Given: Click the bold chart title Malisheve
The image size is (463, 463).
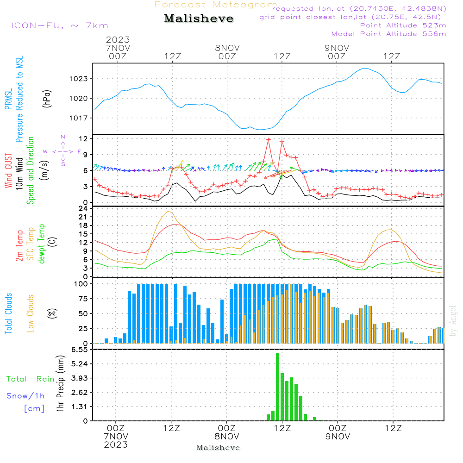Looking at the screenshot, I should (x=199, y=19).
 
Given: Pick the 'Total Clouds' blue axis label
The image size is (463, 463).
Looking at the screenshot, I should (x=9, y=313).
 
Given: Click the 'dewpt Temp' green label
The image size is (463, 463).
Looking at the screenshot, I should (x=41, y=244).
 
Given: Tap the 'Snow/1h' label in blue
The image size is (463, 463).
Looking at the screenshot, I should (x=25, y=396).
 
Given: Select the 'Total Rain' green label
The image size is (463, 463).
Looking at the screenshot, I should (x=31, y=379).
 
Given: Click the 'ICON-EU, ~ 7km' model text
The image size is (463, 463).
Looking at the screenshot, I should (x=59, y=25).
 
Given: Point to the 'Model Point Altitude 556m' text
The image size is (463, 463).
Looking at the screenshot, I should (x=388, y=34).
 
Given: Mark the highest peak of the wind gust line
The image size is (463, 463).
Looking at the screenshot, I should (x=268, y=139).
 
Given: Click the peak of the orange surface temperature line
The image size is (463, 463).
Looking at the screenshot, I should (x=169, y=212).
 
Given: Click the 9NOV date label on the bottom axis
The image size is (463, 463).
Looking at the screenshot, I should (x=338, y=437).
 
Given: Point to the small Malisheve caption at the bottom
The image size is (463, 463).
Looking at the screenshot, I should (x=219, y=448).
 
